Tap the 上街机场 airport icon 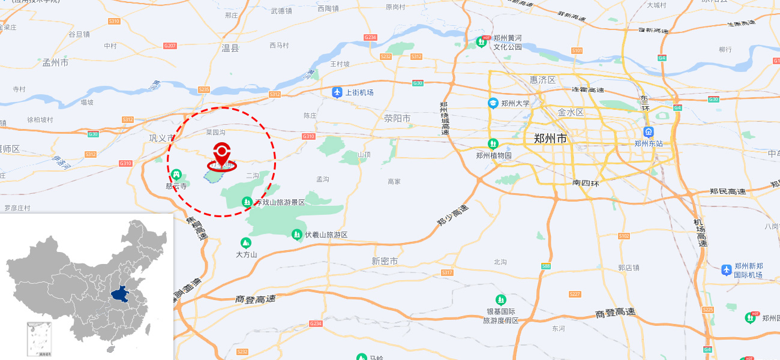tap(337, 92)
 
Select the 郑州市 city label tap(550, 139)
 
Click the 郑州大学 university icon tap(493, 103)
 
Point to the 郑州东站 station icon tap(649, 132)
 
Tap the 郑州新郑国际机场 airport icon tap(727, 270)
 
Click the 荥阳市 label tap(397, 119)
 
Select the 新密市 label tap(385, 261)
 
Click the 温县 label tap(230, 48)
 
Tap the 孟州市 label tap(55, 62)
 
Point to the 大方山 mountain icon tap(245, 242)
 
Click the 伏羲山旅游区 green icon tap(296, 234)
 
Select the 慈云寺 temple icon tap(176, 175)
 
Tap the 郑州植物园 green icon tap(493, 143)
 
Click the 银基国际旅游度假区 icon tap(500, 299)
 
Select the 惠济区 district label tap(542, 80)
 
